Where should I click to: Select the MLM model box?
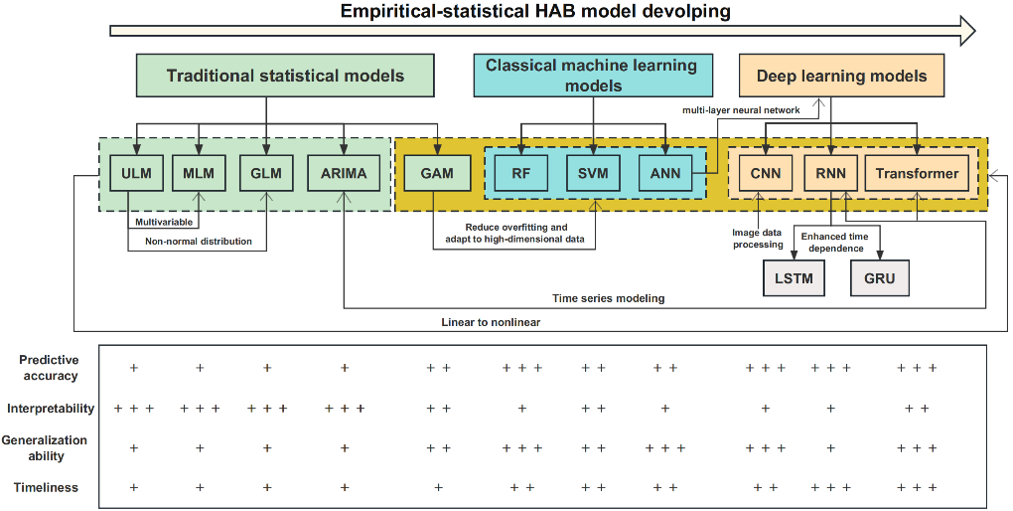pyautogui.click(x=199, y=173)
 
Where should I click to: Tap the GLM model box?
pyautogui.click(x=266, y=173)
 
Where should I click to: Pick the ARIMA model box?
pyautogui.click(x=344, y=173)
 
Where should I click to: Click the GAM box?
pyautogui.click(x=436, y=173)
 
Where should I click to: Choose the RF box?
pyautogui.click(x=521, y=173)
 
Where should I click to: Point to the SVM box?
pyautogui.click(x=593, y=173)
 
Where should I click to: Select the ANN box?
pyautogui.click(x=664, y=173)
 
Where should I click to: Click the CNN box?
pyautogui.click(x=765, y=173)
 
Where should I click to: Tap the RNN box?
pyautogui.click(x=830, y=173)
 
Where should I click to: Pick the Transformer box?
pyautogui.click(x=917, y=173)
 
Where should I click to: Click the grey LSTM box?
pyautogui.click(x=793, y=278)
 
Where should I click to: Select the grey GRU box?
pyautogui.click(x=879, y=278)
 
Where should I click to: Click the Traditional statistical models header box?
pyautogui.click(x=285, y=76)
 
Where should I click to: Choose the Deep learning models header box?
pyautogui.click(x=841, y=76)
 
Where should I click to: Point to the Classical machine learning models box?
pyautogui.click(x=592, y=76)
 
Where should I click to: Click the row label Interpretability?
pyautogui.click(x=51, y=409)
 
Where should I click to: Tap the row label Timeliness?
pyautogui.click(x=46, y=488)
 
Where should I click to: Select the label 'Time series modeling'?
pyautogui.click(x=608, y=297)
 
